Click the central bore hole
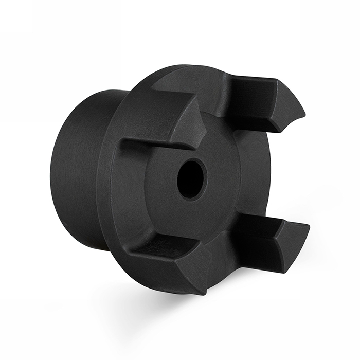(x=191, y=179)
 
